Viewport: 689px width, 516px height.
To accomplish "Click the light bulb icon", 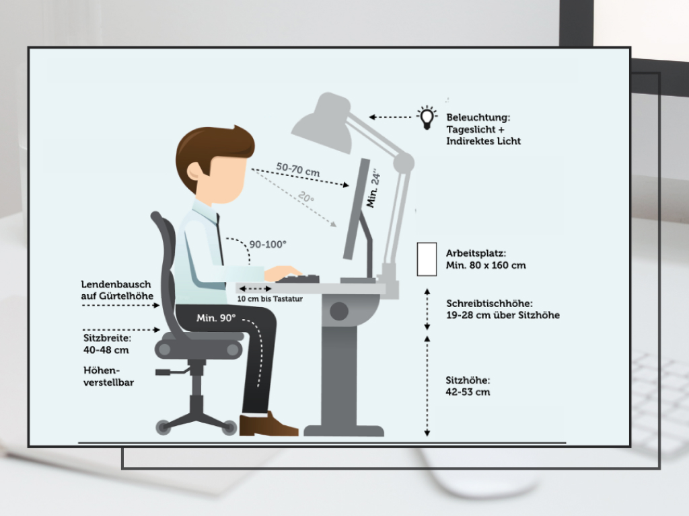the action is coord(427,118).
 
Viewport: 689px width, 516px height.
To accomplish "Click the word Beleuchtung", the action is coord(478,118).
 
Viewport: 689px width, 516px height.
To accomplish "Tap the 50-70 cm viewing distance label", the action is coord(298,169).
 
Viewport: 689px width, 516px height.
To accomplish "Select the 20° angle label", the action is coord(306,197).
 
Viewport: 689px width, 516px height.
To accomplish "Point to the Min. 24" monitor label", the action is coord(373,189).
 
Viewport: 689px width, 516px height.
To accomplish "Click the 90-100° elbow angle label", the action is coord(268,245).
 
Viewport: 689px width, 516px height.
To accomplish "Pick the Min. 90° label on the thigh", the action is coord(216,318).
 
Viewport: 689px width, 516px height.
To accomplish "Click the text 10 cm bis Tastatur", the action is coord(270,299).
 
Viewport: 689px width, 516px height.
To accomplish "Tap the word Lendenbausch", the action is coord(116,284).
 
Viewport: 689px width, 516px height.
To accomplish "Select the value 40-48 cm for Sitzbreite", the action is coord(106,350).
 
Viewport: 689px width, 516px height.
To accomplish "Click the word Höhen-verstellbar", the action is coord(108,376).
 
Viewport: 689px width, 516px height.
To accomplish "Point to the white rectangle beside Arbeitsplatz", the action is coord(427,259).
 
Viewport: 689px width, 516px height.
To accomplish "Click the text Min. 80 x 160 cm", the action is coord(486,265).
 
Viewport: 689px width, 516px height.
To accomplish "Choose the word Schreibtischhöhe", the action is coord(489,303).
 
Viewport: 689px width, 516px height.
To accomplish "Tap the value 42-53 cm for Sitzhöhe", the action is coord(468,392).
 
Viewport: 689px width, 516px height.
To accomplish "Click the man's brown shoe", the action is coord(268,425).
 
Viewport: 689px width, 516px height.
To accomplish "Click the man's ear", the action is coord(194,171).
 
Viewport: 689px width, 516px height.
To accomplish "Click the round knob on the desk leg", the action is coord(339,311).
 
